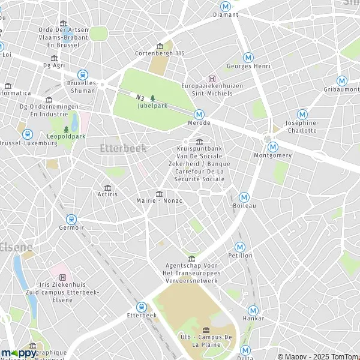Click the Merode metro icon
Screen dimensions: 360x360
(199, 114)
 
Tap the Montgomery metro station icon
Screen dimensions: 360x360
(273, 146)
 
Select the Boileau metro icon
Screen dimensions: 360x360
(244, 197)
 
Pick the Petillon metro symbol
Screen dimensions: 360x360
(240, 247)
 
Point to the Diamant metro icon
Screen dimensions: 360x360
(226, 5)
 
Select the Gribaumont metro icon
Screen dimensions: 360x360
(341, 80)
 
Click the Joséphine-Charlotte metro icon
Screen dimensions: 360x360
(302, 114)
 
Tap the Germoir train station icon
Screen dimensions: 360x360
(71, 220)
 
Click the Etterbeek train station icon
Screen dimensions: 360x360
(142, 307)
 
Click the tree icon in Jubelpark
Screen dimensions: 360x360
(152, 98)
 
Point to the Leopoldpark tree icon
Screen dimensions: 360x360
(66, 129)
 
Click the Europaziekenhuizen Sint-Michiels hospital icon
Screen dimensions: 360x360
(211, 79)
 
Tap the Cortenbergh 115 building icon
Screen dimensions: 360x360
(160, 46)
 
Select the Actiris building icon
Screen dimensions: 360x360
(107, 187)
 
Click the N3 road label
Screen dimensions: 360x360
(140, 97)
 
